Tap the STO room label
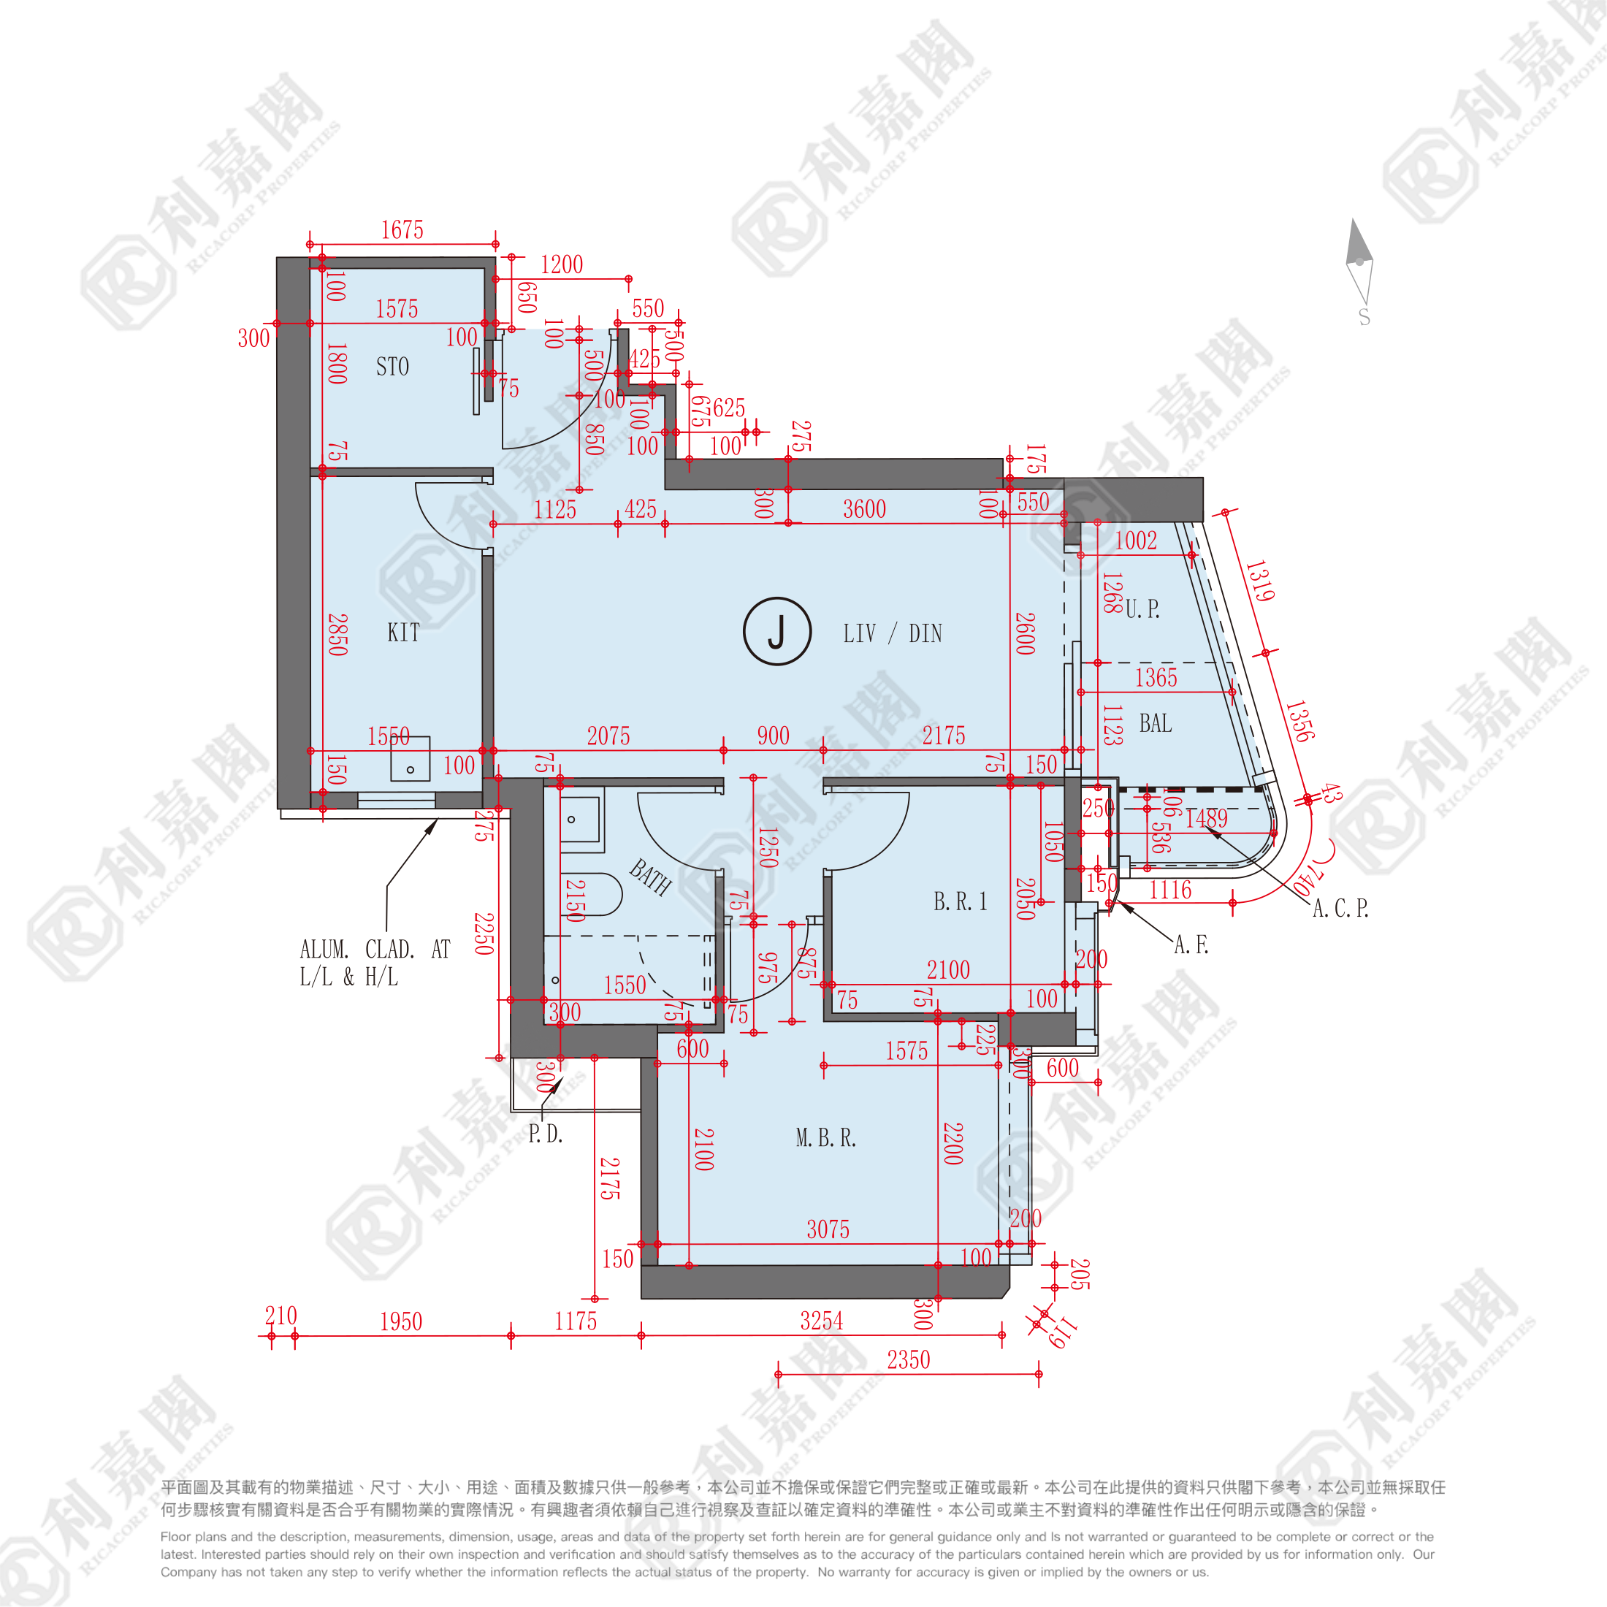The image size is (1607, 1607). coord(392,367)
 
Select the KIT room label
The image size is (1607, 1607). coord(403,633)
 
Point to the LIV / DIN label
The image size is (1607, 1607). coord(892,634)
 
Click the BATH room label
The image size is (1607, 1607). coord(649,877)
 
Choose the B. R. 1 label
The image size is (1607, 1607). coord(960,901)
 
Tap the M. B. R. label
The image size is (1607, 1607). coord(825,1138)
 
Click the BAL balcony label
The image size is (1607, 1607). coord(1156,724)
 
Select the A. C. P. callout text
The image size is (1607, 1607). coord(1340,908)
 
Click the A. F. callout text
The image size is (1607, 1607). coord(1191,945)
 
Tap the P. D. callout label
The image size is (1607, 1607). coord(546,1134)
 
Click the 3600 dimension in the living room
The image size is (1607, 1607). coord(864,509)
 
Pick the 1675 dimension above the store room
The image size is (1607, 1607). coord(402,230)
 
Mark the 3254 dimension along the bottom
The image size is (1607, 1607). coord(821,1321)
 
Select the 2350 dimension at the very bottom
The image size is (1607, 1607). coord(907,1360)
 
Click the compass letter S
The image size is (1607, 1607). coord(1364,318)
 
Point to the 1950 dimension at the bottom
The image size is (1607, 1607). coord(401,1321)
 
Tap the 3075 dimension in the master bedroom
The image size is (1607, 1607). coord(828,1229)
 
